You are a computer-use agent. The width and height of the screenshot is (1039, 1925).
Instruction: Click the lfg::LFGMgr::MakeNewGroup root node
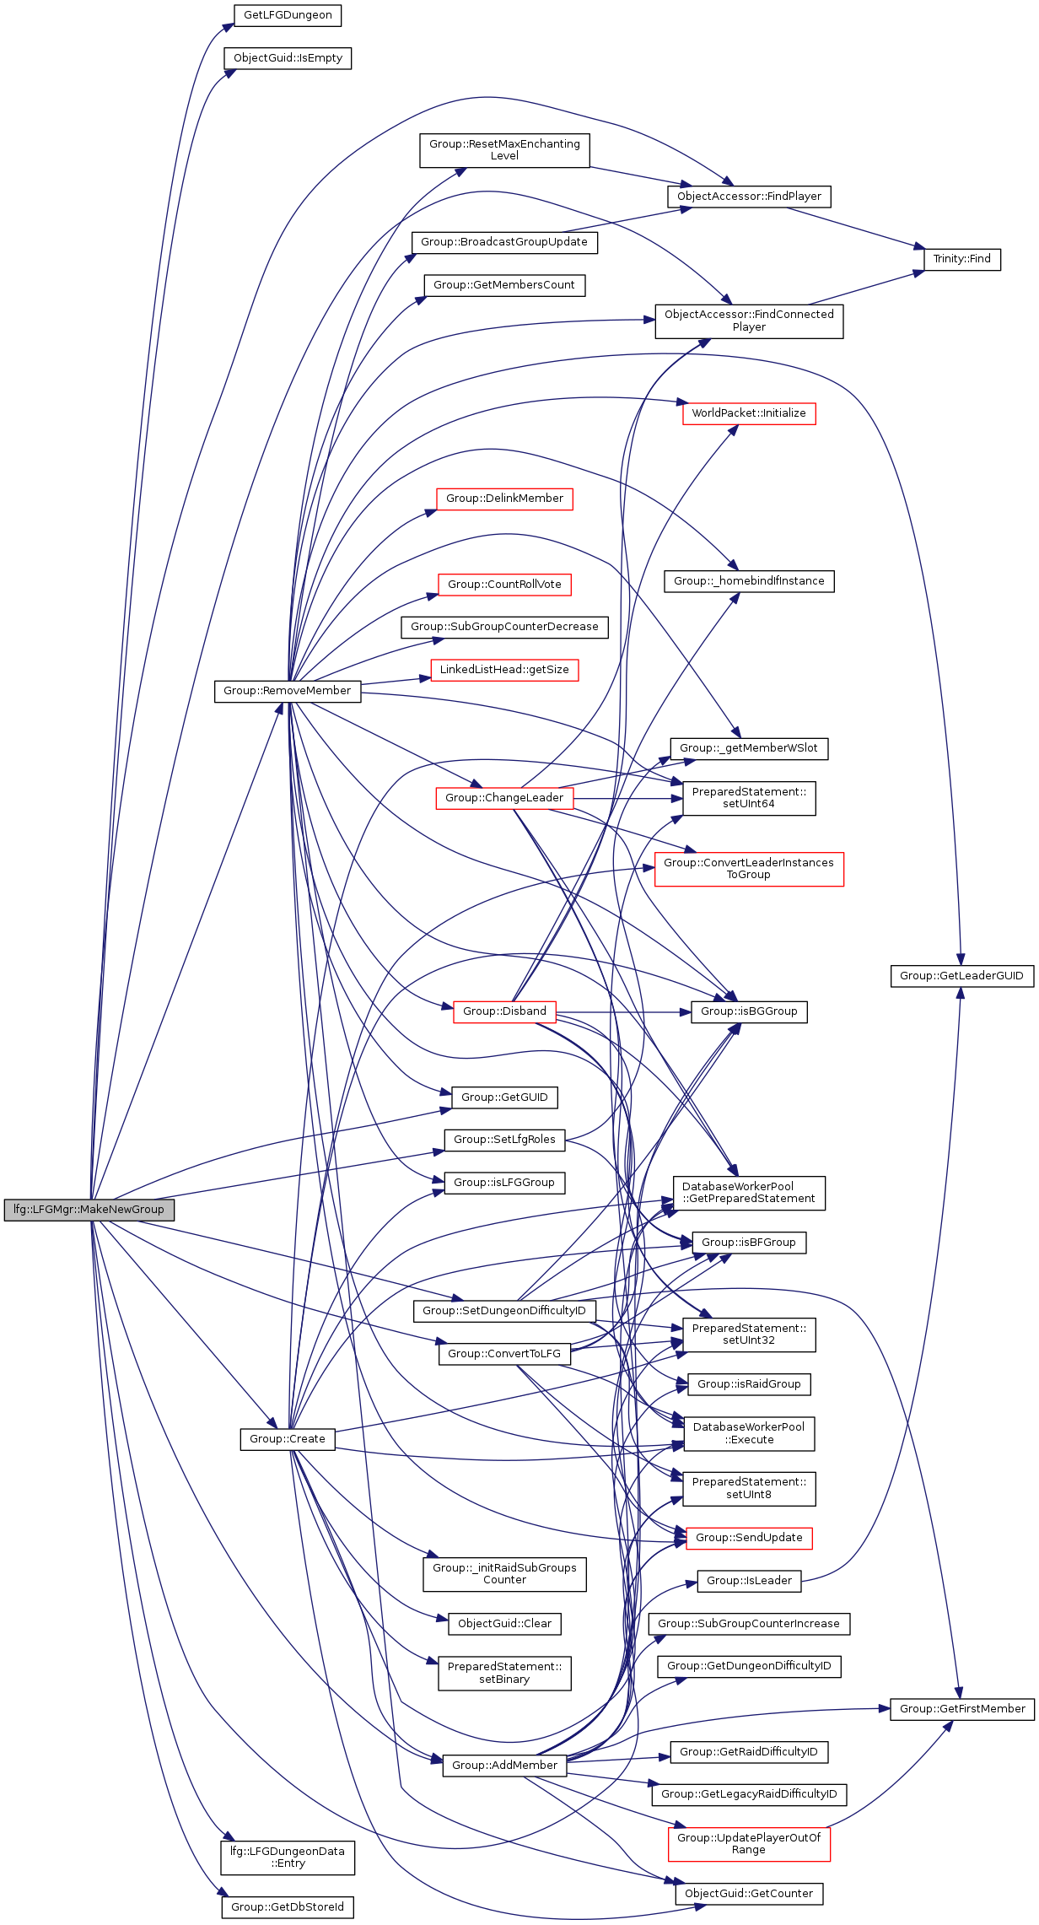(89, 1210)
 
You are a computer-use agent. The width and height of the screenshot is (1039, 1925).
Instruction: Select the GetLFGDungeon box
(288, 15)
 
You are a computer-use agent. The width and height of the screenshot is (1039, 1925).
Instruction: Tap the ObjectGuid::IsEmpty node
(288, 58)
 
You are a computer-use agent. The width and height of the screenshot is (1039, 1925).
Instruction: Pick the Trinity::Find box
(961, 259)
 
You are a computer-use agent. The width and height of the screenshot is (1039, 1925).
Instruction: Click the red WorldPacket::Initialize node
(749, 413)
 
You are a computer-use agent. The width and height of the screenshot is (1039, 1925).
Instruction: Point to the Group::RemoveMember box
(288, 691)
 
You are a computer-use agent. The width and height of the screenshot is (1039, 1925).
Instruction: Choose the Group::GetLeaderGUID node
(961, 976)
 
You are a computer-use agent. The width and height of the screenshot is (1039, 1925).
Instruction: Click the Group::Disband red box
(504, 1011)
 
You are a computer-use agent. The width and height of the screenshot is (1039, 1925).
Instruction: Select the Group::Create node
(288, 1439)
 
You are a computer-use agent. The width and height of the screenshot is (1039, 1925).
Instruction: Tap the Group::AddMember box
(504, 1765)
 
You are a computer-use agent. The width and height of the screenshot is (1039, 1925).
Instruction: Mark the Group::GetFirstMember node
(962, 1709)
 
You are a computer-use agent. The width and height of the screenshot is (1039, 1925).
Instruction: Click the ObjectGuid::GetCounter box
(749, 1894)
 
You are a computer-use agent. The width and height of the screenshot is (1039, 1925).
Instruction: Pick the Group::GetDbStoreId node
(288, 1907)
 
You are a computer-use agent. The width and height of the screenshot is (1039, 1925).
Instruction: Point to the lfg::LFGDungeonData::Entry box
(288, 1858)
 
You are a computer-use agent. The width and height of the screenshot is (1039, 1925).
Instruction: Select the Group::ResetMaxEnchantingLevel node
(504, 150)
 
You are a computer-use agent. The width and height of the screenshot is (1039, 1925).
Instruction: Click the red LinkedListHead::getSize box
(504, 670)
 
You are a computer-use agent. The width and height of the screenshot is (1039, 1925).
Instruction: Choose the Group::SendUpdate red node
(749, 1538)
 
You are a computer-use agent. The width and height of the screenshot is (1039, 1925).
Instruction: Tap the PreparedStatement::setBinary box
(504, 1673)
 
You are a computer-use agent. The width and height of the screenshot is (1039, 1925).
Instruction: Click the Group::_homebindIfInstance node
(749, 581)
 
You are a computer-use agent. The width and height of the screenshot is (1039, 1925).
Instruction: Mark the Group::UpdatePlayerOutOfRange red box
(749, 1843)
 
